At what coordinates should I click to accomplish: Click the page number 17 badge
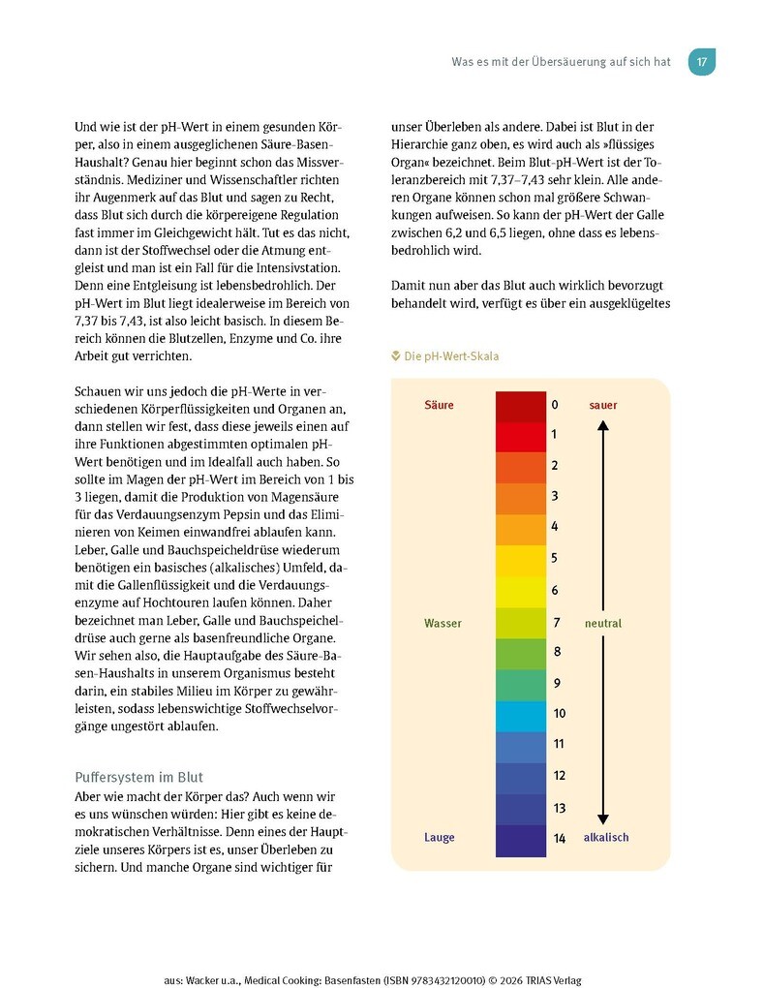click(701, 62)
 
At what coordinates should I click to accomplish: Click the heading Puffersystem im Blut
click(138, 777)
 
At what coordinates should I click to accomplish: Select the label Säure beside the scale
click(439, 405)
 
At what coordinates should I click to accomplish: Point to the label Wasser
click(443, 623)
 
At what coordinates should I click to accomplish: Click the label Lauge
click(439, 837)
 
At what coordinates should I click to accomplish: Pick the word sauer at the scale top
click(602, 405)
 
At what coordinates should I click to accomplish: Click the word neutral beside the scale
click(602, 623)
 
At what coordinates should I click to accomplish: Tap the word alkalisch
click(606, 837)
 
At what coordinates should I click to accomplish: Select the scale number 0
click(555, 405)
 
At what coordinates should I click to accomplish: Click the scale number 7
click(555, 623)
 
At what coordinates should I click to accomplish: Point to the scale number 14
click(559, 838)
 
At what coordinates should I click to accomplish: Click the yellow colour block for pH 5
click(521, 561)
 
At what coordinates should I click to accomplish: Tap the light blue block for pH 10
click(521, 716)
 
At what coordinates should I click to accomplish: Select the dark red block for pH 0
click(521, 406)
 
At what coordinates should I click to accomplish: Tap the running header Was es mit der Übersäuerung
click(561, 62)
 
